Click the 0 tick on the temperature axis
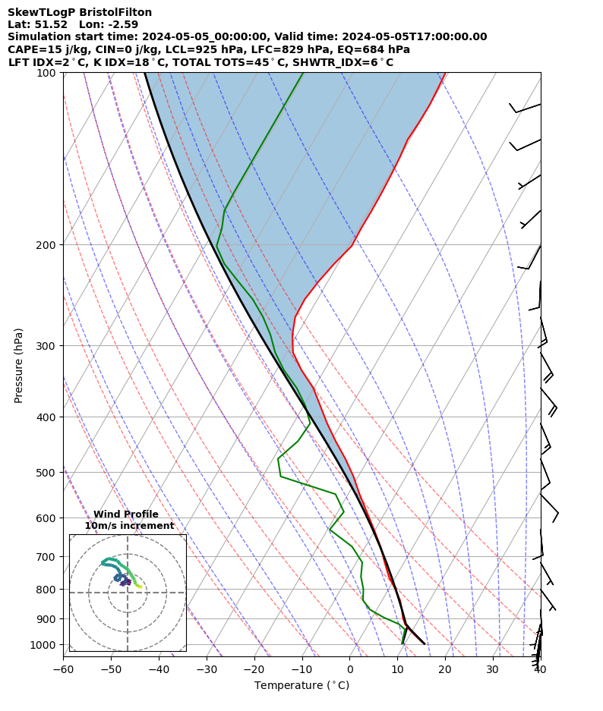point(350,669)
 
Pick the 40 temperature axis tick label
point(540,669)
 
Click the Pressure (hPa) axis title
point(18,365)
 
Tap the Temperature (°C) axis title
point(301,686)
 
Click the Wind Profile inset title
point(126,514)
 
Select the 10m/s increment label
point(129,526)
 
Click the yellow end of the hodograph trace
point(140,587)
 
